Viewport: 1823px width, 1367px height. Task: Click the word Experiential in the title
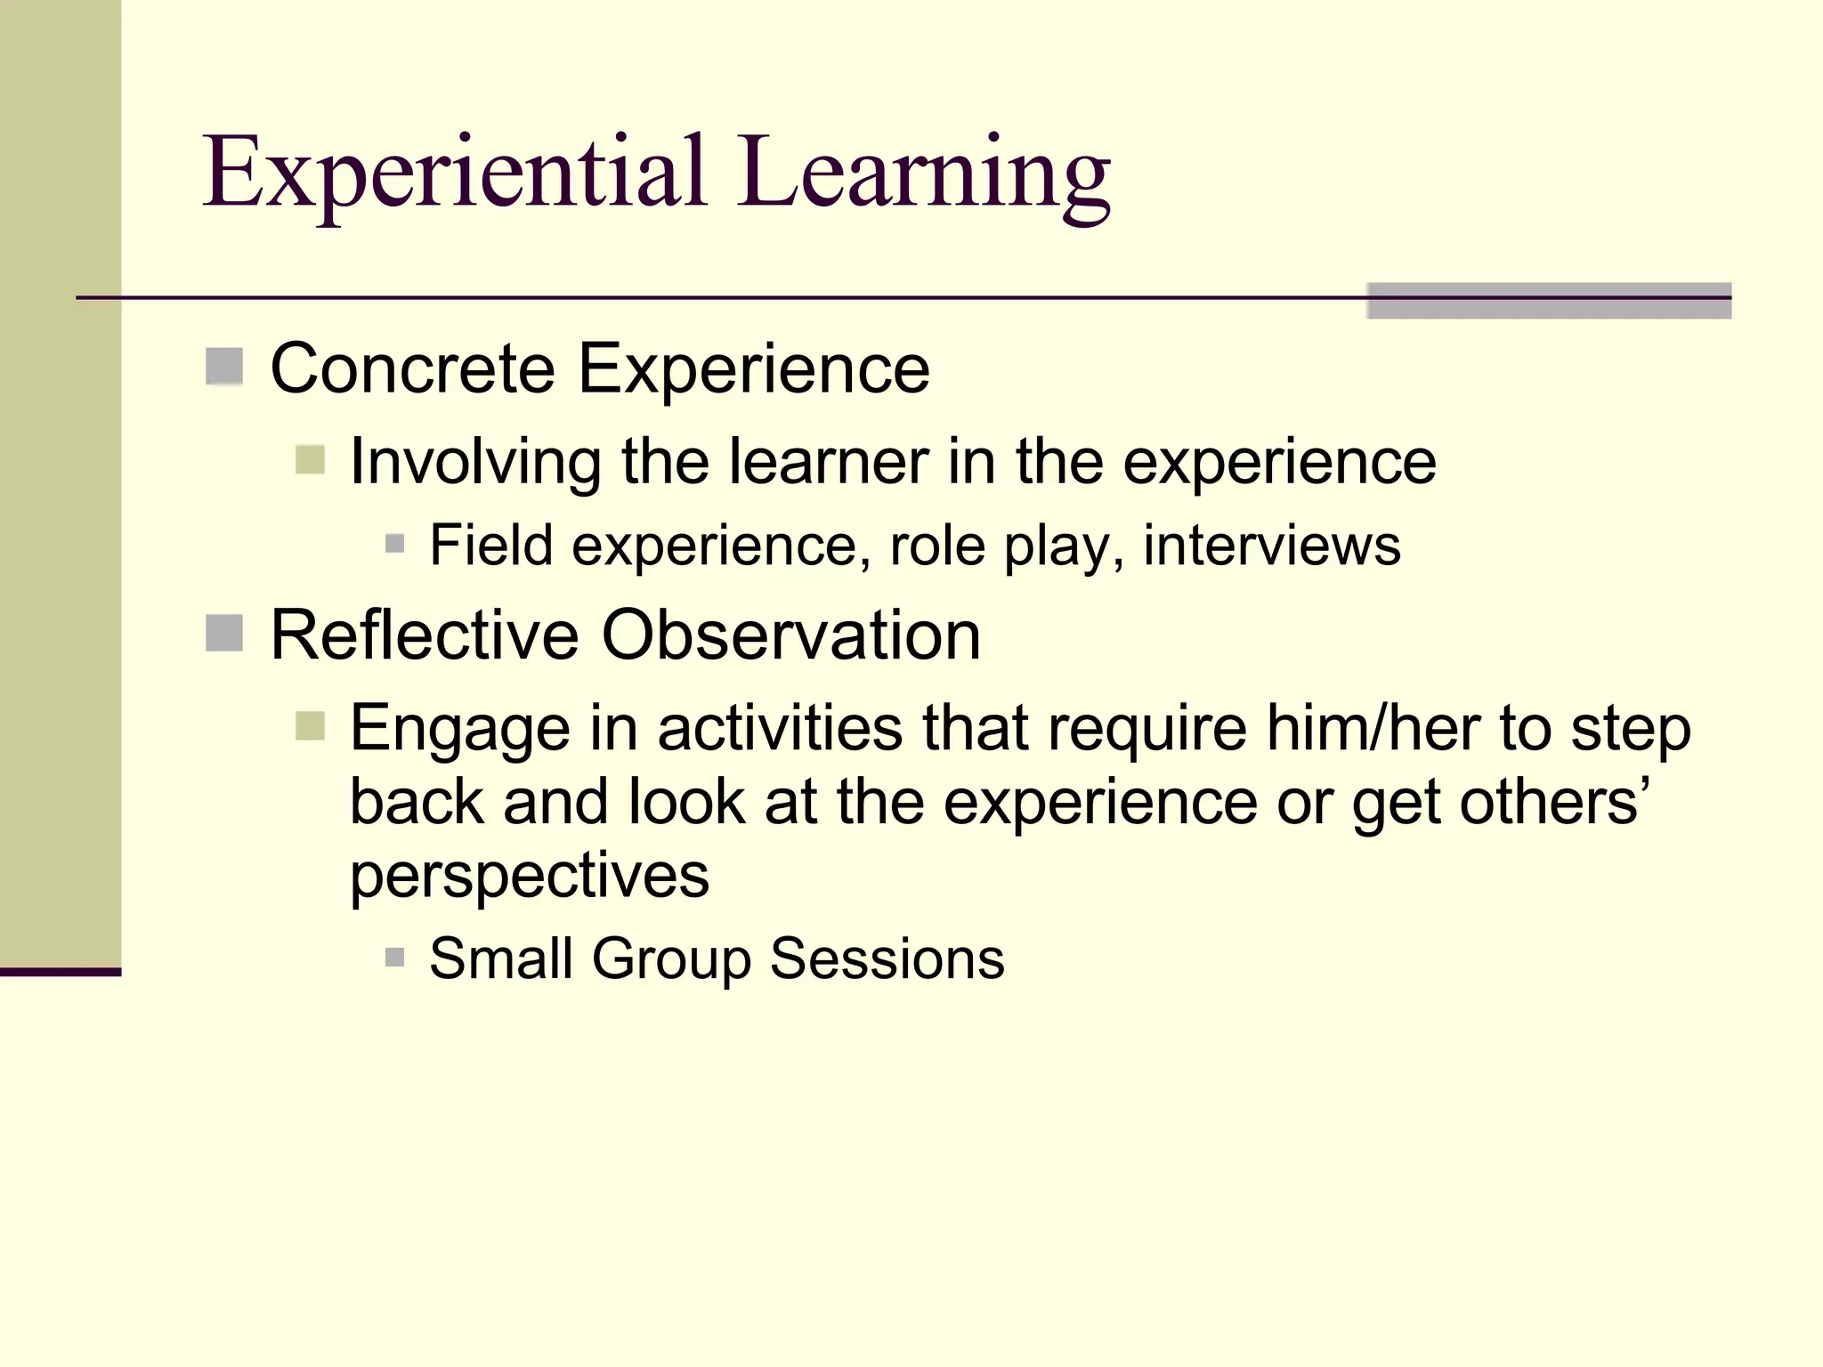(x=455, y=174)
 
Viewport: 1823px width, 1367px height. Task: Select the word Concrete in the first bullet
(x=413, y=368)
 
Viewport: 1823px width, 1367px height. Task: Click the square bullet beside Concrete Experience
(x=224, y=367)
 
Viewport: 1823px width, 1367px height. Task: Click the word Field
(x=490, y=545)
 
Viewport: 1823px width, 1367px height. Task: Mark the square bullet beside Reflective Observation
(x=224, y=634)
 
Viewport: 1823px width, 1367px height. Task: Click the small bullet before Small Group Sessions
(x=395, y=958)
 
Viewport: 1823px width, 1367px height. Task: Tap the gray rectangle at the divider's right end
(x=1548, y=301)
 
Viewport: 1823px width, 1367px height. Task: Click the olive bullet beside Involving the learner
(x=310, y=461)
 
